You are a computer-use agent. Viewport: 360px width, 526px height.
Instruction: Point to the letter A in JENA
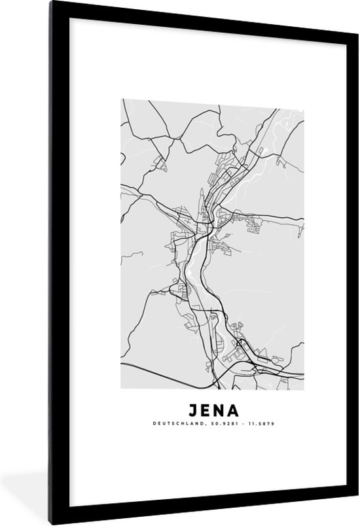[x=234, y=411]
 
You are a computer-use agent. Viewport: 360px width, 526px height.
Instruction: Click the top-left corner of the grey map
[x=122, y=100]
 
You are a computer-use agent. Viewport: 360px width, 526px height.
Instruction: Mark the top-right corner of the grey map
[x=304, y=100]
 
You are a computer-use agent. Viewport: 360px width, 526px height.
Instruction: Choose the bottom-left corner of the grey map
[x=122, y=389]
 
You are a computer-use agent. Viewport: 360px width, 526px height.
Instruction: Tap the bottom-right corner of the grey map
[x=304, y=389]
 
